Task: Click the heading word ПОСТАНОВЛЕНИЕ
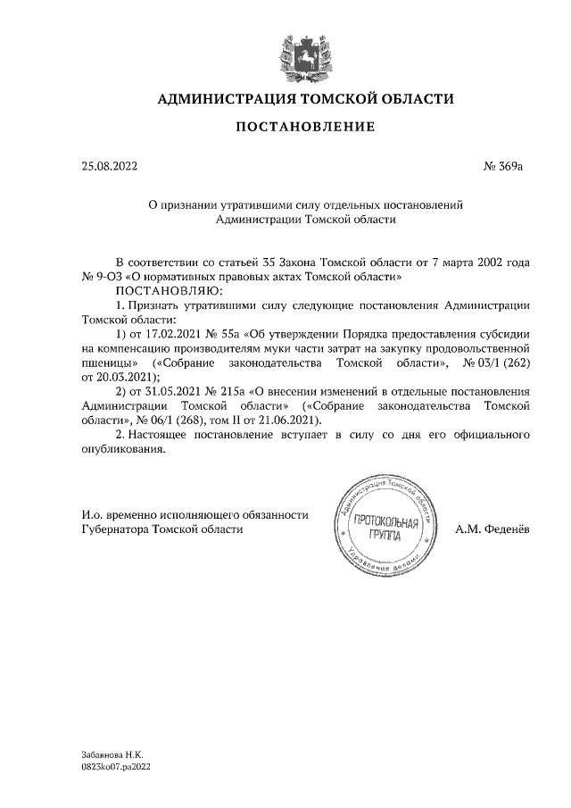click(304, 128)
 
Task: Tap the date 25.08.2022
click(110, 166)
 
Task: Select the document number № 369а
click(508, 166)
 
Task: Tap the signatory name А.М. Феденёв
click(492, 529)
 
